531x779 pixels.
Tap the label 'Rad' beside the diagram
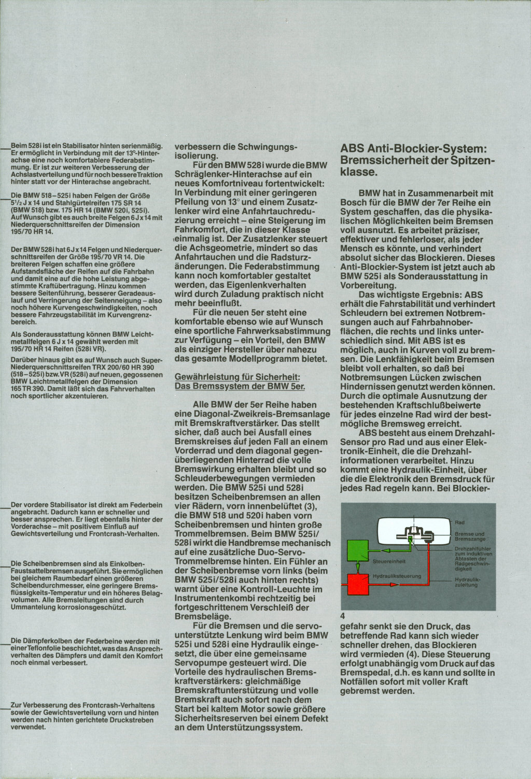(x=459, y=522)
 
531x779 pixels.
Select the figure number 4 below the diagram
(x=343, y=617)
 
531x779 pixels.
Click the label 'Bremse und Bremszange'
(x=469, y=536)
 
